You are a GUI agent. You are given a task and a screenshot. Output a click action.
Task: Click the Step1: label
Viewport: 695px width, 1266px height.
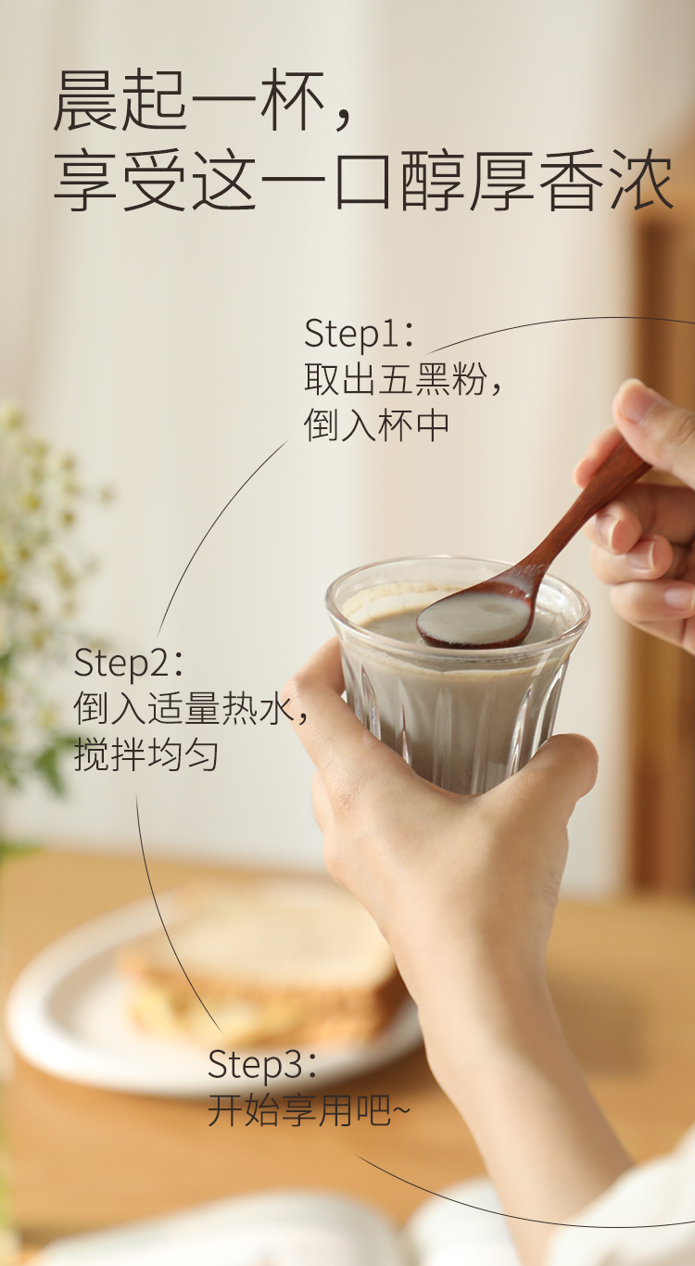click(x=360, y=334)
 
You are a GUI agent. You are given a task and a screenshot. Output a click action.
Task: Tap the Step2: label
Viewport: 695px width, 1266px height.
click(x=129, y=663)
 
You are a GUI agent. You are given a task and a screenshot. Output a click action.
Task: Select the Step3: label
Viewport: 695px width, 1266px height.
click(x=262, y=1064)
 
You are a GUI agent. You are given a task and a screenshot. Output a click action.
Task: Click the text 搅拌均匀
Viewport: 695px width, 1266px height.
click(x=146, y=754)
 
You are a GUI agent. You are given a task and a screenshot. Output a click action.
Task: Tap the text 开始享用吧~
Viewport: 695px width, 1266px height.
click(x=309, y=1109)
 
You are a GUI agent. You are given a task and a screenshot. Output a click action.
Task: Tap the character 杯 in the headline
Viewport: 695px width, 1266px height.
click(x=290, y=101)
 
